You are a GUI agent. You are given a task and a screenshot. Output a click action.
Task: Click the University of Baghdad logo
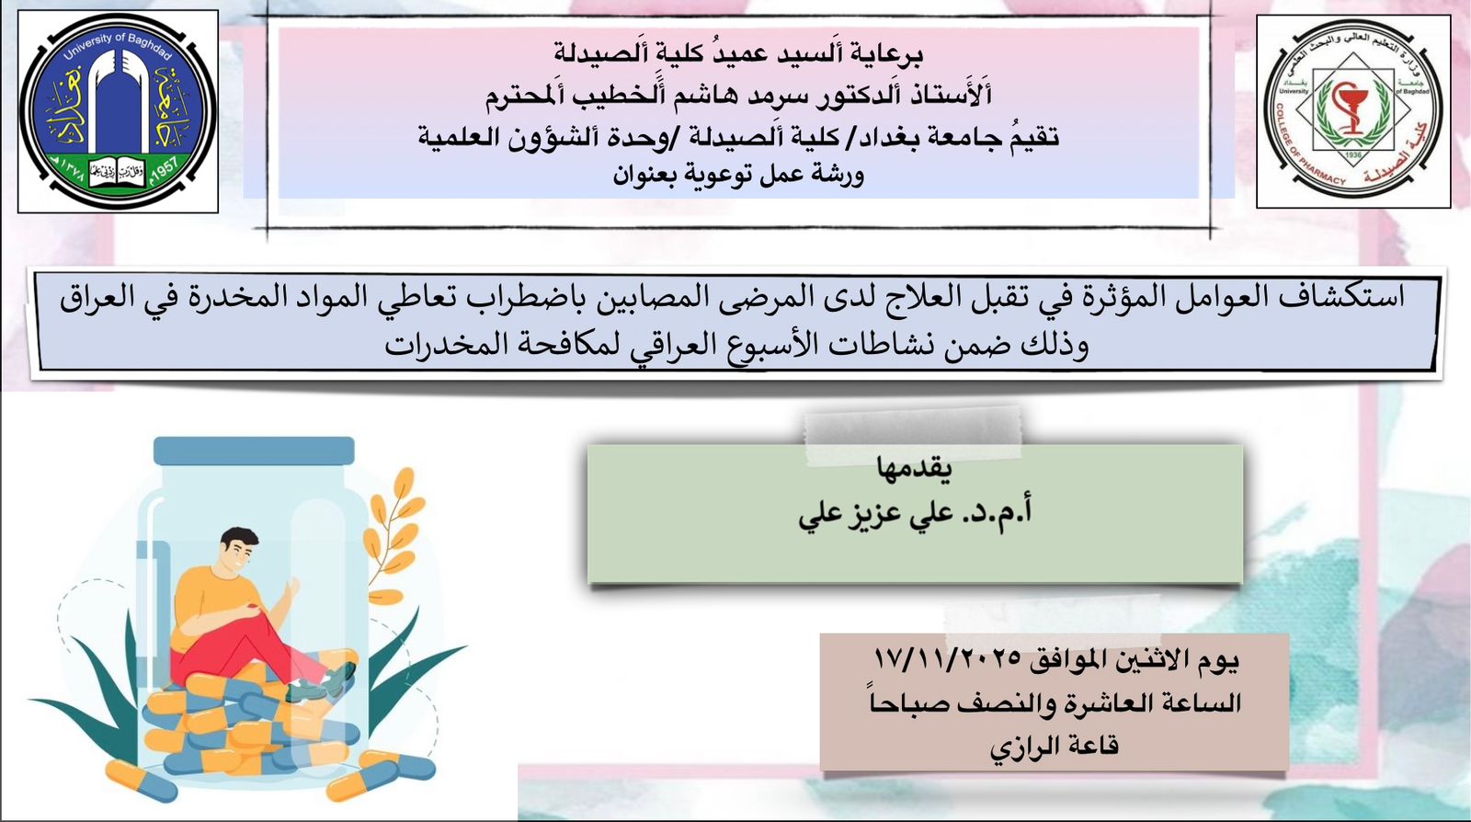[119, 111]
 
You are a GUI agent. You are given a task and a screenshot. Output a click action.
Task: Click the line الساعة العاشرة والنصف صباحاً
[1055, 703]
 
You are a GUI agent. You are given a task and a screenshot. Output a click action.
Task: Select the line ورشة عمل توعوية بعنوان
[738, 176]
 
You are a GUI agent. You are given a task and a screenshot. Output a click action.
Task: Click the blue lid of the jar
[254, 451]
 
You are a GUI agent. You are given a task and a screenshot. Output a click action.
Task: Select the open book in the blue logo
[119, 171]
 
